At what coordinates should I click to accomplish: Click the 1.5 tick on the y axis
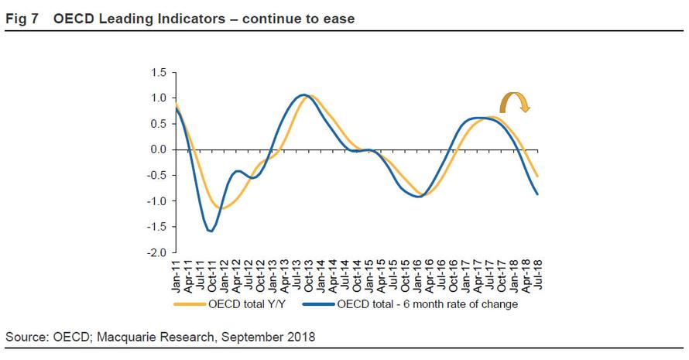(158, 73)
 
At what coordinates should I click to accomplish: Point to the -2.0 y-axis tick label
(156, 253)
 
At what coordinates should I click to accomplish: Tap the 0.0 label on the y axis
(158, 149)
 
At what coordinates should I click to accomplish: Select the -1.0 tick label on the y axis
(156, 201)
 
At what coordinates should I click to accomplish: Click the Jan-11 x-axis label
(178, 274)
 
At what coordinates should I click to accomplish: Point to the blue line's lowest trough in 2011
(211, 231)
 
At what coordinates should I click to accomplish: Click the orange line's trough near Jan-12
(221, 207)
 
